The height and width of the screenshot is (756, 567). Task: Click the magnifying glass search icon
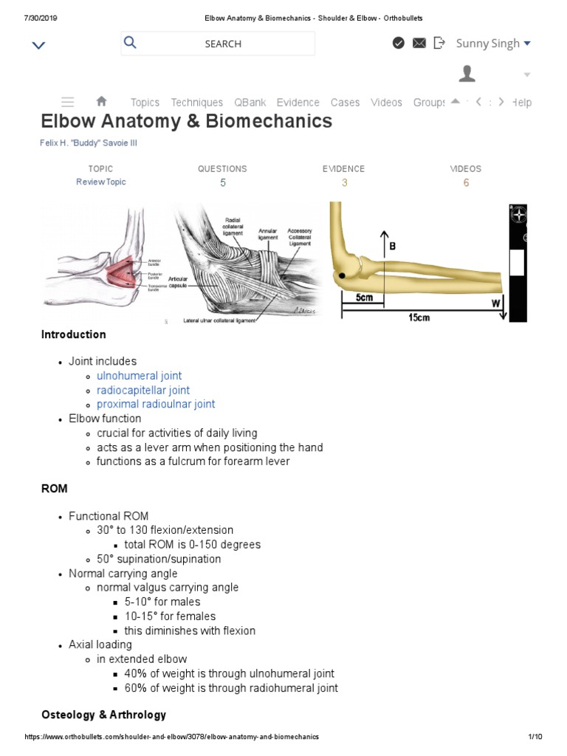click(x=130, y=43)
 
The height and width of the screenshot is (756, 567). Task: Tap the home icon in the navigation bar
click(x=102, y=102)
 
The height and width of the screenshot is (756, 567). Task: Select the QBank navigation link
click(x=250, y=103)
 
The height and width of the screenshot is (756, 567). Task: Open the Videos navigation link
click(x=386, y=103)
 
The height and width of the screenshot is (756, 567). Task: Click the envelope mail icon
click(x=419, y=43)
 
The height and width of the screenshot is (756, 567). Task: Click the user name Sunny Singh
click(x=488, y=43)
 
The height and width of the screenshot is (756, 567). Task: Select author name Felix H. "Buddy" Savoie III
click(x=89, y=143)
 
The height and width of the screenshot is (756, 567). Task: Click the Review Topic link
click(x=101, y=182)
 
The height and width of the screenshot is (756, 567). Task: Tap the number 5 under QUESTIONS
click(x=223, y=183)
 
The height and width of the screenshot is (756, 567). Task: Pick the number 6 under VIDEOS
click(x=466, y=183)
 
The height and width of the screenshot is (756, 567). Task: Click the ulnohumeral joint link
click(x=139, y=376)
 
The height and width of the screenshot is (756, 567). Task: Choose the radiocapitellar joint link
click(x=143, y=390)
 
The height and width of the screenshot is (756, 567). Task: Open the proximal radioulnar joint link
click(x=156, y=404)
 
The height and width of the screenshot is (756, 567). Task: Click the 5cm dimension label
click(x=364, y=298)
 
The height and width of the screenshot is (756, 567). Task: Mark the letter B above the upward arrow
click(x=392, y=247)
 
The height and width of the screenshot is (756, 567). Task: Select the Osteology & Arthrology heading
click(x=103, y=715)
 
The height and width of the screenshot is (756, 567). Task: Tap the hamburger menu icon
click(x=67, y=102)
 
